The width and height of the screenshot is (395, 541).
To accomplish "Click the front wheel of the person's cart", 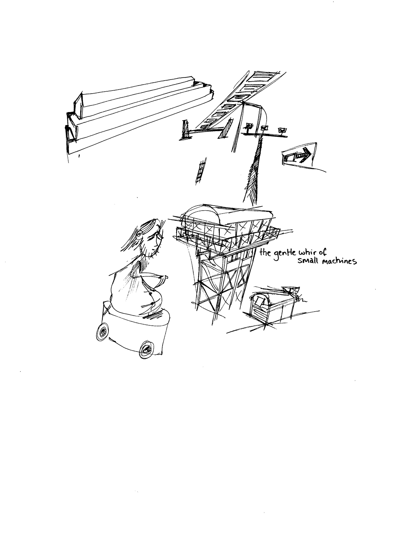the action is (x=146, y=349).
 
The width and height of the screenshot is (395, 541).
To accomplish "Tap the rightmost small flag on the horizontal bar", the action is (x=282, y=131).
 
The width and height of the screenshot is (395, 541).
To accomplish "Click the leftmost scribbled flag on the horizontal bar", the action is (x=249, y=126).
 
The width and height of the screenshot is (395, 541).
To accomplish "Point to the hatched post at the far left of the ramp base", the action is (x=186, y=130).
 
